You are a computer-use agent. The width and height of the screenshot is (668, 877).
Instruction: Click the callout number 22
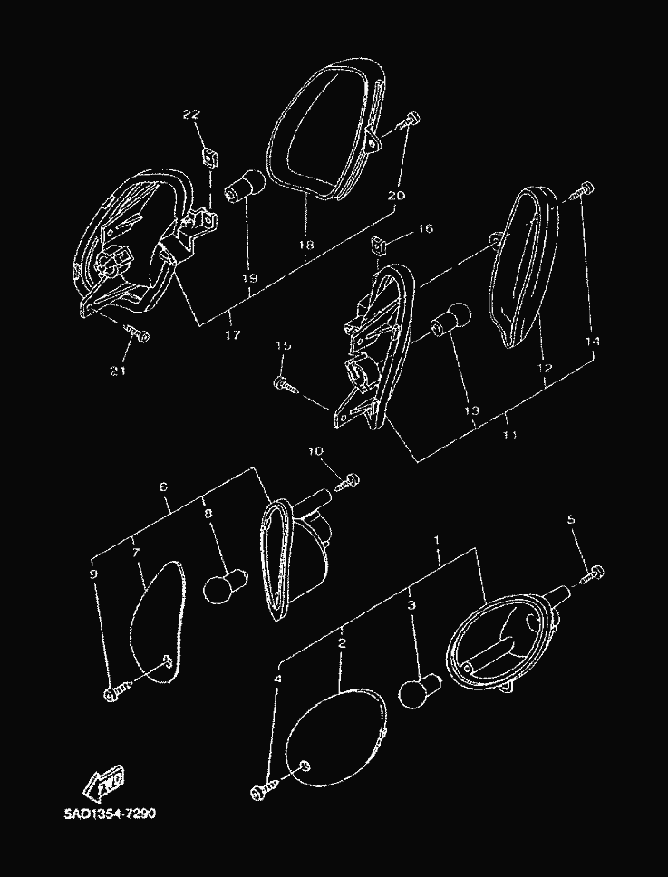pos(191,115)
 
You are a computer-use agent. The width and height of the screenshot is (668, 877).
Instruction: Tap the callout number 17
pos(233,335)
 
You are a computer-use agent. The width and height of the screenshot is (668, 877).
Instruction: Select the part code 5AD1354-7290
pos(110,814)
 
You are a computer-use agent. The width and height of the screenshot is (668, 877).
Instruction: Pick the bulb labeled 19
pos(245,188)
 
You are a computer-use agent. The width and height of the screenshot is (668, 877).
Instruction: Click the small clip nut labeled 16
pos(380,244)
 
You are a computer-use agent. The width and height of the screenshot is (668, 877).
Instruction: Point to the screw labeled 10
pos(348,482)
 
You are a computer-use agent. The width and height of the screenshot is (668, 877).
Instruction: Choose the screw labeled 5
pos(592,574)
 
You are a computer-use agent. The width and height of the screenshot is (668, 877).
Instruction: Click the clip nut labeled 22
pos(210,158)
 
